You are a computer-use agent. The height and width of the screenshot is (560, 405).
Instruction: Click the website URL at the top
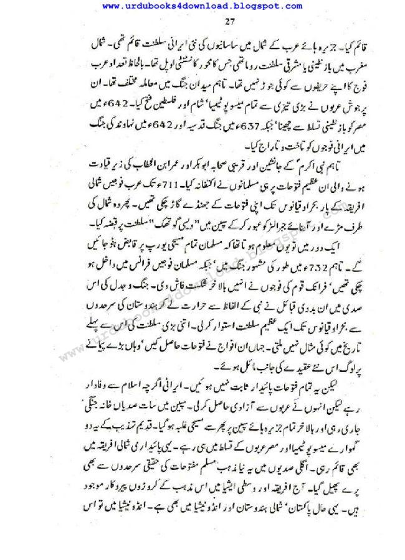[x=202, y=6]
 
